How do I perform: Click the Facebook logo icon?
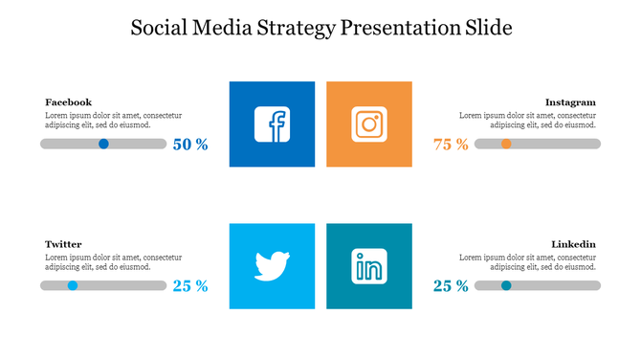point(273,124)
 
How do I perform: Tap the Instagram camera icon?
point(369,124)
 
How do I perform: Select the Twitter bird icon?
point(273,265)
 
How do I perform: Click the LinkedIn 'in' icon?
point(369,265)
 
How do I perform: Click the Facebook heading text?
point(68,101)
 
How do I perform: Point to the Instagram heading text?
point(570,101)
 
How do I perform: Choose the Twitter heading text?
point(63,244)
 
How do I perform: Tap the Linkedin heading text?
point(574,244)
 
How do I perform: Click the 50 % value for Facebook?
point(190,145)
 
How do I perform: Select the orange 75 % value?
point(451,145)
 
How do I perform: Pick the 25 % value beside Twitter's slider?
point(190,285)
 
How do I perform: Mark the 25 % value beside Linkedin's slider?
point(451,285)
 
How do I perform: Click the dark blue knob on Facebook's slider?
point(103,144)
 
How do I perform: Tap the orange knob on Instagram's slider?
point(506,144)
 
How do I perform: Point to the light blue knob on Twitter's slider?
point(73,285)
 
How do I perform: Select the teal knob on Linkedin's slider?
point(506,285)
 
